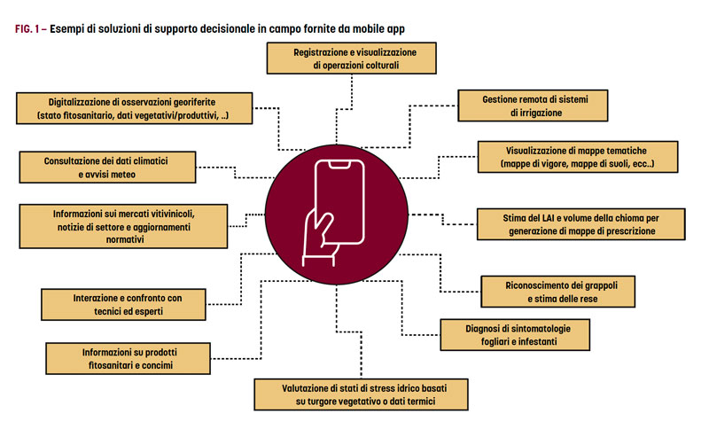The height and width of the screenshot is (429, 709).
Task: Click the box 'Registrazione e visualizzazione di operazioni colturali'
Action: pos(353,59)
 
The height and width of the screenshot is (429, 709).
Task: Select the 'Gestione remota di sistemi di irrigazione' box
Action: pos(534,105)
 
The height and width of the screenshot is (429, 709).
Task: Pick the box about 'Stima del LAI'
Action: pos(580,223)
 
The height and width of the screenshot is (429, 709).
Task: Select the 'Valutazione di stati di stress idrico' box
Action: pos(362,394)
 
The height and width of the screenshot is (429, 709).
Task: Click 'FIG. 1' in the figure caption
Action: pos(29,28)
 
